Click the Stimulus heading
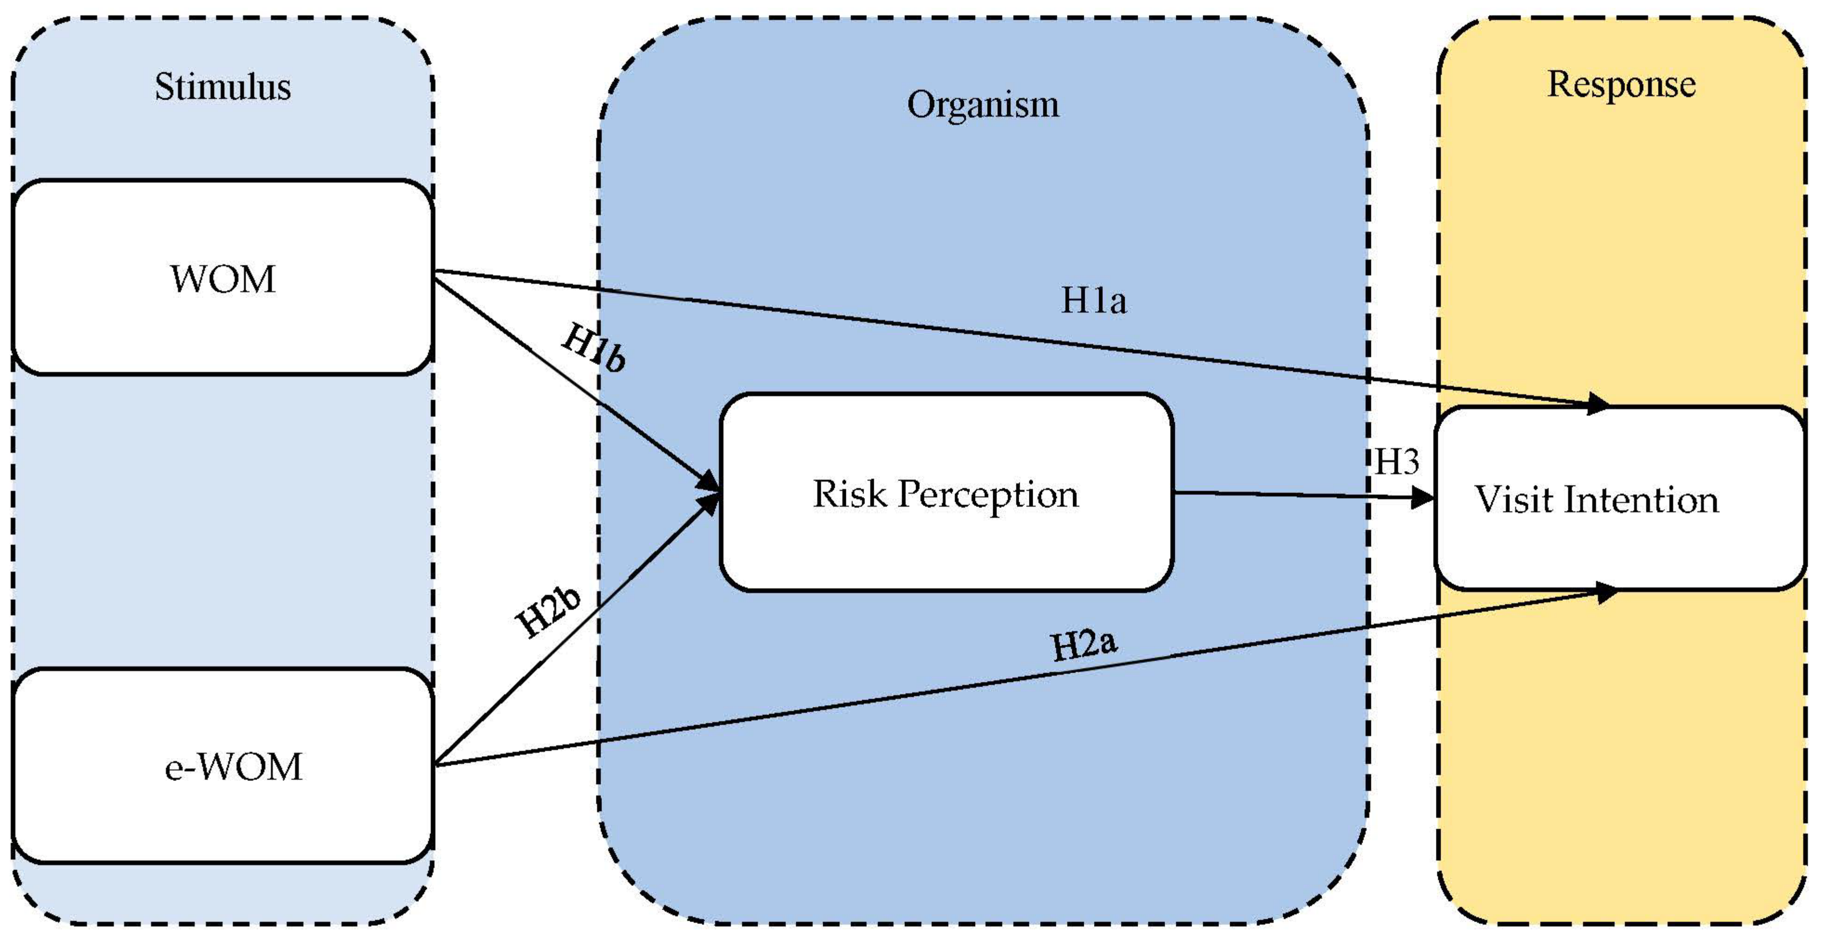click(223, 87)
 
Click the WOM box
click(223, 278)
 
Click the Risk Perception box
click(946, 493)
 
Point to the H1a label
click(1093, 300)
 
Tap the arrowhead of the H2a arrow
click(1606, 593)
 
